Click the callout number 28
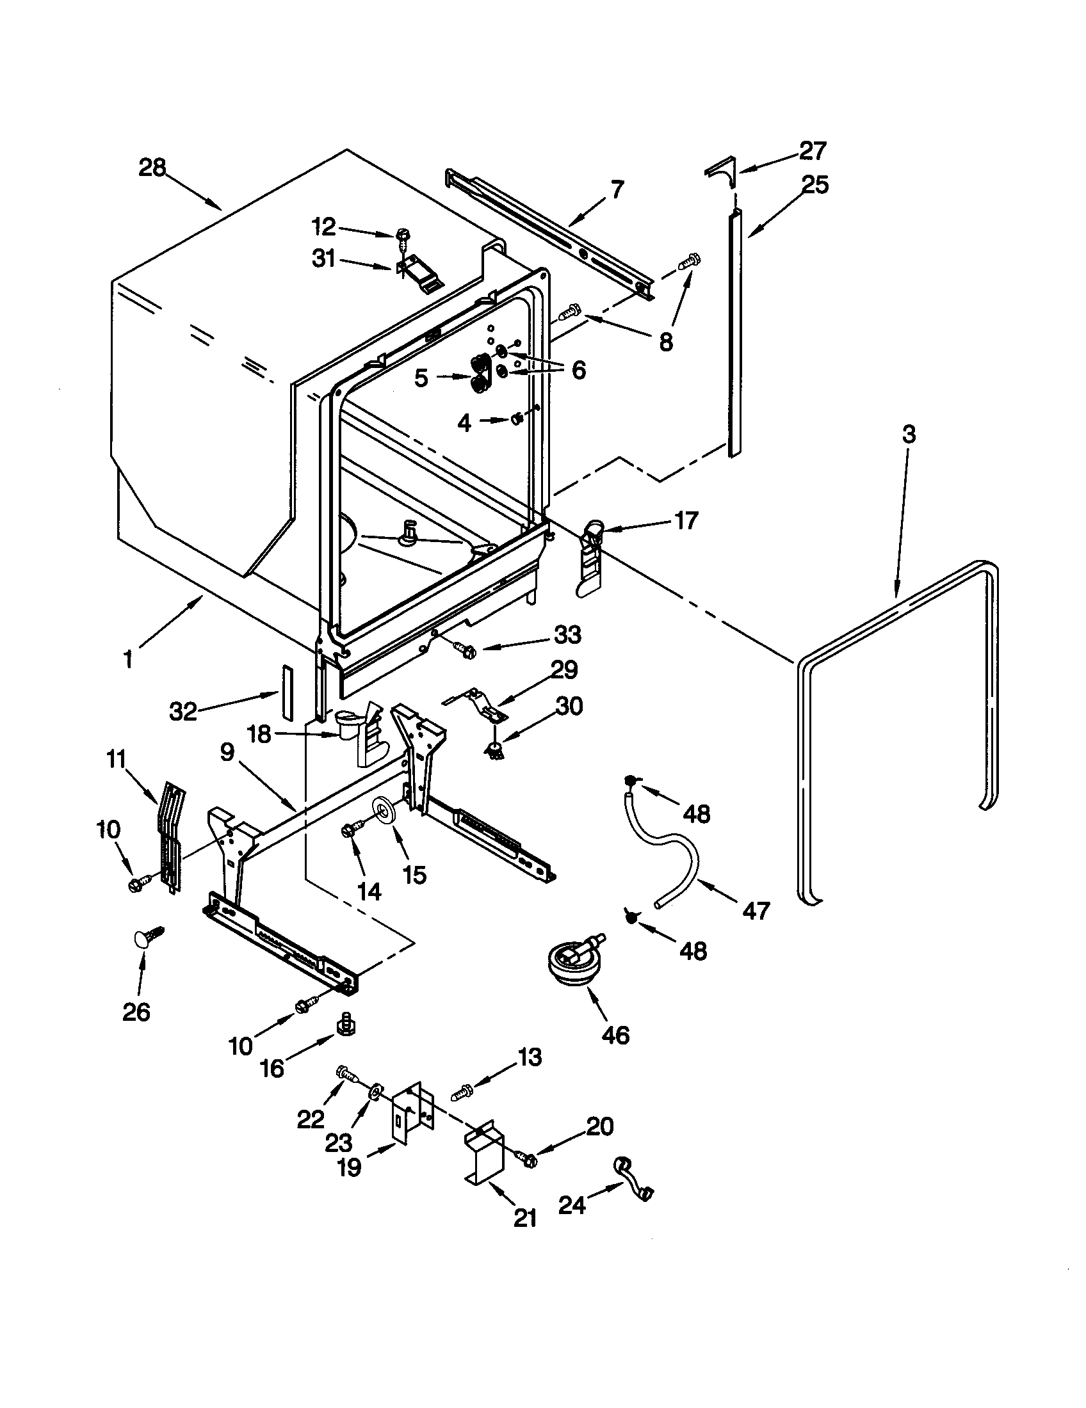click(x=152, y=168)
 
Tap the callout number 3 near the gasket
click(x=908, y=435)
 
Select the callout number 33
click(x=567, y=634)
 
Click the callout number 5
click(x=421, y=378)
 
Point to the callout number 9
click(x=227, y=753)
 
